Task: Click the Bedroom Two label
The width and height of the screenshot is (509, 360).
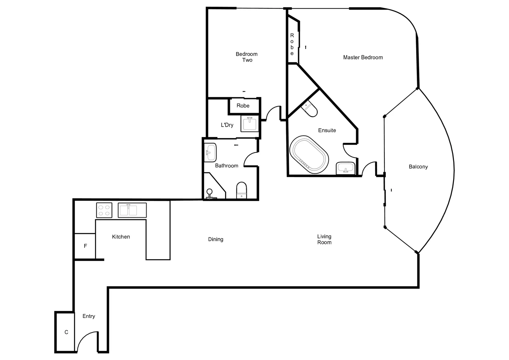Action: point(247,57)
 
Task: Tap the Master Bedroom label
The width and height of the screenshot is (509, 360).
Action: point(363,57)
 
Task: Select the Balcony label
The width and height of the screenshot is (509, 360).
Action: point(418,167)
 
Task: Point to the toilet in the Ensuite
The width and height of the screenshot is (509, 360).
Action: point(309,109)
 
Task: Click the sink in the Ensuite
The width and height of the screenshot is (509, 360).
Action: point(345,168)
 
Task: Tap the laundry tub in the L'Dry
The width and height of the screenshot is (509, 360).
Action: point(250,124)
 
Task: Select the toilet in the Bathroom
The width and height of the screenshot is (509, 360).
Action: point(242,190)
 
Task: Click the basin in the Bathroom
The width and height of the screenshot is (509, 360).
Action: point(210,152)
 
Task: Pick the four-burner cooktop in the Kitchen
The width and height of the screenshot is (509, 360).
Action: point(104,210)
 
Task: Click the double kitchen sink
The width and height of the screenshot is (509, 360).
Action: point(132,210)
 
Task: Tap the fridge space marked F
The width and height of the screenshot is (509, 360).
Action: point(85,246)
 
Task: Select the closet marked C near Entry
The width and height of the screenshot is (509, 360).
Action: point(66,332)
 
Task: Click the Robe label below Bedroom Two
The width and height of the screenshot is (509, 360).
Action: point(243,106)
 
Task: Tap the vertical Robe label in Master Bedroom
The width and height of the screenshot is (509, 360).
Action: point(292,44)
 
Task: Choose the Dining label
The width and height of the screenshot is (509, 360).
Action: point(216,239)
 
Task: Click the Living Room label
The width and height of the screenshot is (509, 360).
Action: point(324,239)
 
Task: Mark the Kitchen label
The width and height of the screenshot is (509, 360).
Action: point(121,237)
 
